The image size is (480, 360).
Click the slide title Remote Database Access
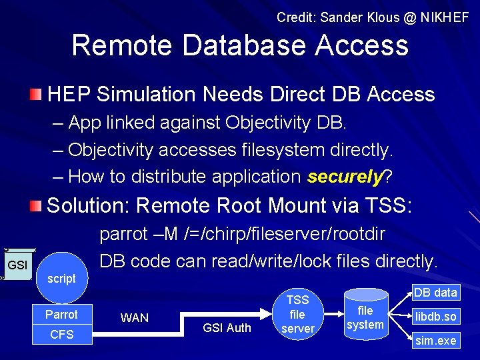(x=240, y=45)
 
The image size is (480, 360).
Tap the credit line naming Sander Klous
(x=373, y=17)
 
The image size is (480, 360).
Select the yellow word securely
(x=344, y=177)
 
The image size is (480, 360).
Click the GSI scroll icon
(x=15, y=265)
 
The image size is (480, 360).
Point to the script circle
(x=61, y=279)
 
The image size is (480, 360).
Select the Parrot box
(x=61, y=315)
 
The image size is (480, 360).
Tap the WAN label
(x=134, y=318)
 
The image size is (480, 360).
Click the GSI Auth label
(x=227, y=327)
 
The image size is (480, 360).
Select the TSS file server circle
(x=297, y=314)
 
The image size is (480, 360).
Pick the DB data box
(x=435, y=292)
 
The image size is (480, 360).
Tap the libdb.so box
(x=435, y=316)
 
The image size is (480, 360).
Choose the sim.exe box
(x=435, y=341)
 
